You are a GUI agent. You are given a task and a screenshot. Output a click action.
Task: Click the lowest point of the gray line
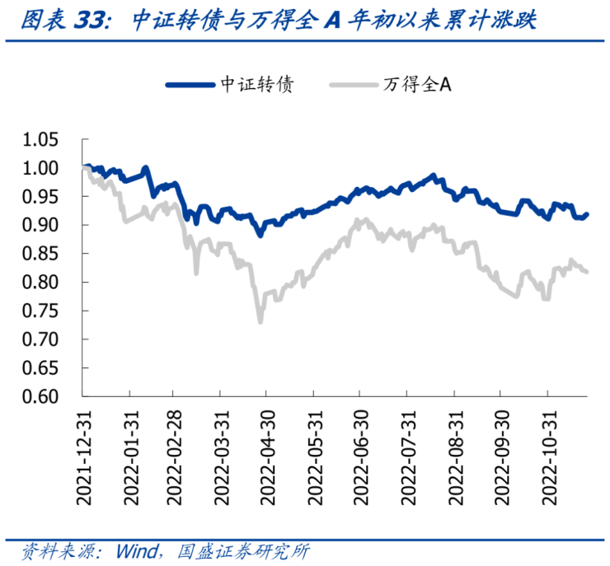coord(260,321)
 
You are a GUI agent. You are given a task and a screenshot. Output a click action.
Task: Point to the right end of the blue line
coord(587,214)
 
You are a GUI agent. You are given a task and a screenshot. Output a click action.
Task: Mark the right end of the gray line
coord(587,272)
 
